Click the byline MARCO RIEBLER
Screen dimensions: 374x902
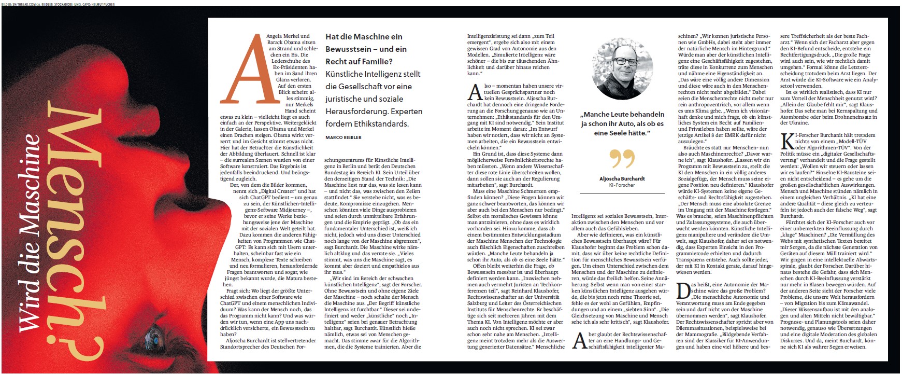343,137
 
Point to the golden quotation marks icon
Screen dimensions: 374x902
622,159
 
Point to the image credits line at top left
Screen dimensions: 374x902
58,4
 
